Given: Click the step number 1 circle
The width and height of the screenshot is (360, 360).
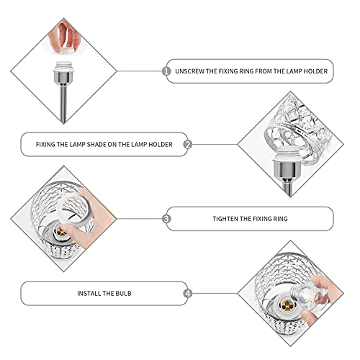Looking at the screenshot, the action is (x=166, y=71).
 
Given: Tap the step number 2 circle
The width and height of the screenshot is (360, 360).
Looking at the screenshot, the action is (x=188, y=145).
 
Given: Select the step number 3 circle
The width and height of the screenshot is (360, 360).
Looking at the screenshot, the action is (x=166, y=219).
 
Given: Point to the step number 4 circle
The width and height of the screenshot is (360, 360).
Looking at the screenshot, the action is (x=188, y=293).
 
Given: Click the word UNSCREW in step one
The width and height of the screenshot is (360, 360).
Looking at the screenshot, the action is (x=189, y=71).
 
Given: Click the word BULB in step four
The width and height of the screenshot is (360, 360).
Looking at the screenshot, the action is (x=123, y=294).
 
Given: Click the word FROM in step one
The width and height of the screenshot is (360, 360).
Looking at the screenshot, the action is (x=264, y=71).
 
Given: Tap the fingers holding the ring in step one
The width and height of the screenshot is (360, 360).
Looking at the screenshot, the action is (x=63, y=37).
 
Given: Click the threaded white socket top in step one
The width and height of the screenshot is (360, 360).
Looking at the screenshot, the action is (x=63, y=66).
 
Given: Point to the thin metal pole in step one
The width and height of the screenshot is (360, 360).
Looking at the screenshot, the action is (x=63, y=103).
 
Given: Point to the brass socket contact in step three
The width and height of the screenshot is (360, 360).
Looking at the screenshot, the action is (x=61, y=232).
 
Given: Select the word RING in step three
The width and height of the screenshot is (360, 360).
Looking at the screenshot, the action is (x=279, y=219).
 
